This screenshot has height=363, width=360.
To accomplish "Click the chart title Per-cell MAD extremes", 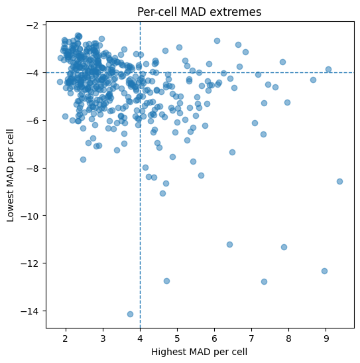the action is click(199, 12).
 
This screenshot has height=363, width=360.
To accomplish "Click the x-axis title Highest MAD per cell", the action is click(199, 352).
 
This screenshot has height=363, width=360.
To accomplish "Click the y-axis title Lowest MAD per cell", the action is click(10, 175).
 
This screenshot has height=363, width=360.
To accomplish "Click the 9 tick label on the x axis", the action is click(326, 338).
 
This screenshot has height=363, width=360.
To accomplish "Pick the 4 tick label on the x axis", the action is click(140, 338).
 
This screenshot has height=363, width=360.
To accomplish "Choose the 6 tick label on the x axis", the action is click(214, 338).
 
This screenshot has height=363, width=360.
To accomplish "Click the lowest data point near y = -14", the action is click(130, 314).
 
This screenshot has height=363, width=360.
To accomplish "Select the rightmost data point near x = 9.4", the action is click(339, 182).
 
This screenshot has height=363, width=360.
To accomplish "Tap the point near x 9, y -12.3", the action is click(324, 271).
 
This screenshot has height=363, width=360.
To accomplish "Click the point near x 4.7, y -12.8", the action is click(166, 281).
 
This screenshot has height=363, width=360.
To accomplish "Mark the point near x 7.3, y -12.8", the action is click(264, 282).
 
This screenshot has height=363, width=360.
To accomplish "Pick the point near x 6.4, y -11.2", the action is click(229, 244).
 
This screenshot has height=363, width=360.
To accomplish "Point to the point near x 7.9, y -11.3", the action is click(284, 248).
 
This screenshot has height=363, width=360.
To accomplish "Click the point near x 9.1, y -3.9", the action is click(328, 69).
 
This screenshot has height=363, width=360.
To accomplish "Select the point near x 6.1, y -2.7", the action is click(217, 40).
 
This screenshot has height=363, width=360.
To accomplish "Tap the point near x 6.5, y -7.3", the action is click(232, 152).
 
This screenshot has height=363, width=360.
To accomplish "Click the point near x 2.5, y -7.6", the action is click(83, 159).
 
